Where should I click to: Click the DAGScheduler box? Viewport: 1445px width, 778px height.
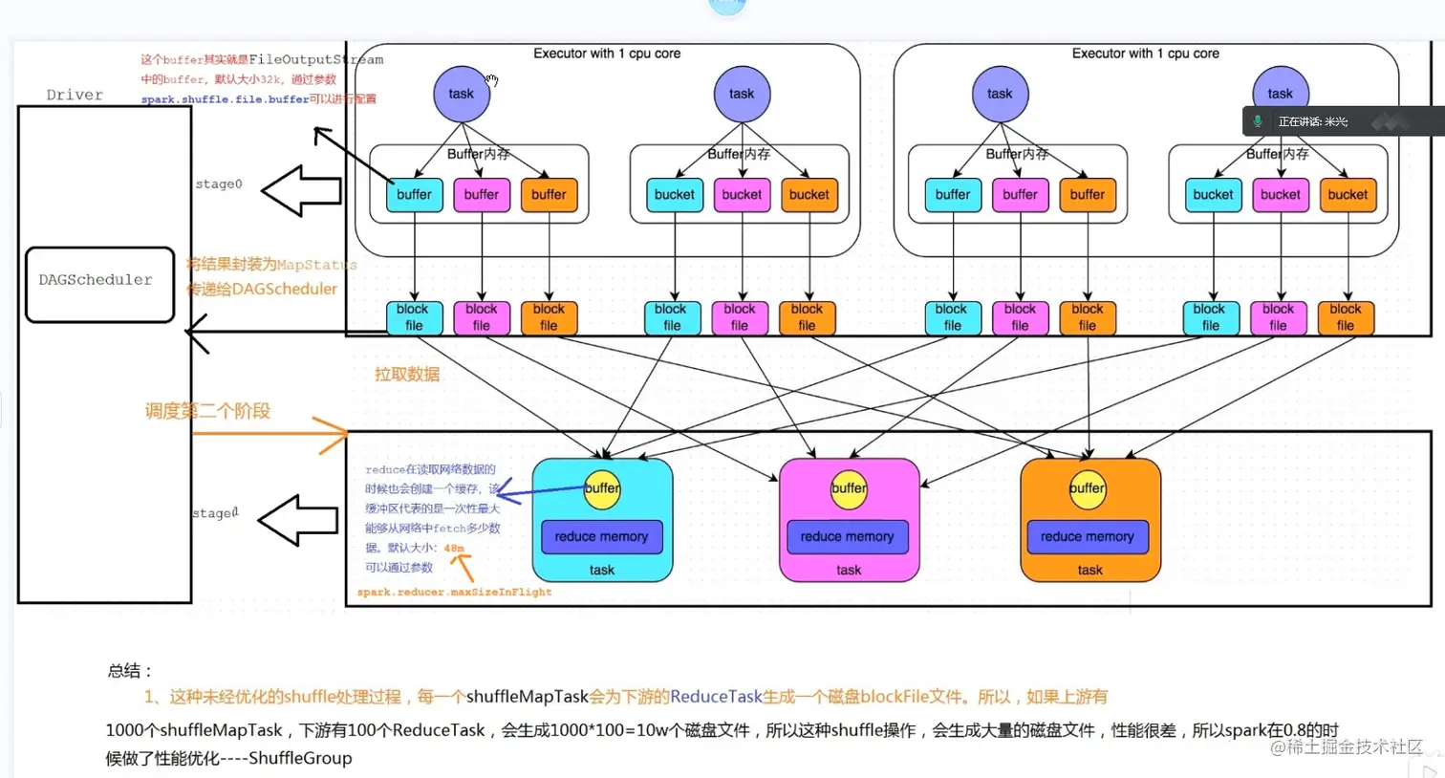[x=99, y=284]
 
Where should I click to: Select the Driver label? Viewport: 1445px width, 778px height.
[x=75, y=95]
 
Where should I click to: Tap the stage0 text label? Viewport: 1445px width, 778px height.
[x=219, y=184]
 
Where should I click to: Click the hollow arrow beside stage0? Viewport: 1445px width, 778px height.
[x=301, y=191]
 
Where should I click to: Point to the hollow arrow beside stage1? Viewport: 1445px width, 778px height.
[x=298, y=520]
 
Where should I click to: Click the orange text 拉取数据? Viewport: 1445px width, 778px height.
[x=407, y=374]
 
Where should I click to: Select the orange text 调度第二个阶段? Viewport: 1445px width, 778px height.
[x=207, y=411]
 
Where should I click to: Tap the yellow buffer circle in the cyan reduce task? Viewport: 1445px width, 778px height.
[x=602, y=488]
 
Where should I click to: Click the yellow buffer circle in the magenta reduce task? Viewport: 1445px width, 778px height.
[x=849, y=488]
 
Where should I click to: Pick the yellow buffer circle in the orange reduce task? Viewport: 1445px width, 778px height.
[x=1088, y=488]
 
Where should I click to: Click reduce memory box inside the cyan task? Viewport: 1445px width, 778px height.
[x=601, y=536]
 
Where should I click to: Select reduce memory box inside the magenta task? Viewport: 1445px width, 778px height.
[x=847, y=536]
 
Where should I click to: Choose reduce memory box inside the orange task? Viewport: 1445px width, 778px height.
[x=1087, y=536]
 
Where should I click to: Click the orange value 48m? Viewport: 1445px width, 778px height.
[x=454, y=548]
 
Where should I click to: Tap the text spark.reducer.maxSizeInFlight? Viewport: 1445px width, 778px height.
[x=454, y=592]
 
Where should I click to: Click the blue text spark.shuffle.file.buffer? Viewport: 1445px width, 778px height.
[x=225, y=99]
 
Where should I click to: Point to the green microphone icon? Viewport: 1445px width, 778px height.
[x=1258, y=121]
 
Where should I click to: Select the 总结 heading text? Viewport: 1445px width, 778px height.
[x=129, y=670]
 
